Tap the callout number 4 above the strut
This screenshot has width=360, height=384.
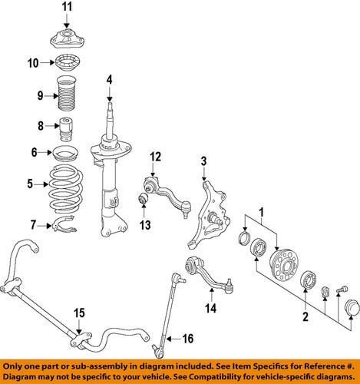(110, 79)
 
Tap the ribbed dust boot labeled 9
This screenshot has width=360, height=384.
(68, 96)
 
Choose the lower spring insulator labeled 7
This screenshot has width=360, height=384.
(67, 226)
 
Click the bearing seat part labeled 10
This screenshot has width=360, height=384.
(67, 63)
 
